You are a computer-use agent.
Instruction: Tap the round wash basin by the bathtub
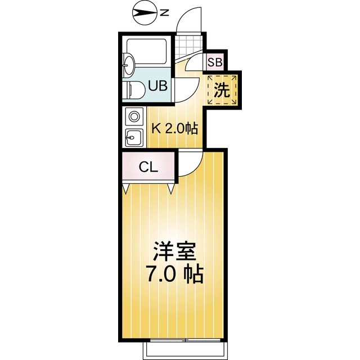click(128, 65)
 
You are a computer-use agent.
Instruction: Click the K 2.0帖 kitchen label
click(175, 129)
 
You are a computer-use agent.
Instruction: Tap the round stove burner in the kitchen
click(134, 117)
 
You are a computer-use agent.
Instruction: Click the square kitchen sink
click(134, 136)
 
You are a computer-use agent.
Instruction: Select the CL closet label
click(148, 167)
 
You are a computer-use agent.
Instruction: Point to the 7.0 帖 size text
click(174, 276)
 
